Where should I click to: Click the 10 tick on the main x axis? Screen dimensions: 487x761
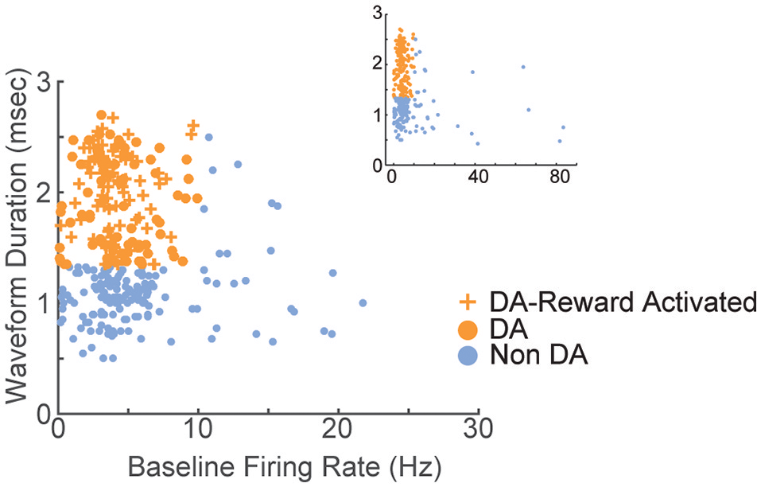click(197, 431)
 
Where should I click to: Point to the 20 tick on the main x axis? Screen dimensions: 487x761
click(337, 431)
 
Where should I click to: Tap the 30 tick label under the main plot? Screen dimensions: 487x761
click(478, 431)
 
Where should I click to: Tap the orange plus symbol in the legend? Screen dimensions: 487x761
click(470, 302)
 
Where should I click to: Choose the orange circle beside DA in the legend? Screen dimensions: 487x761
click(470, 329)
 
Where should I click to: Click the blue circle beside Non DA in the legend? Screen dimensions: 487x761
click(470, 356)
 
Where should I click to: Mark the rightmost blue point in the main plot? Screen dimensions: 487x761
click(363, 302)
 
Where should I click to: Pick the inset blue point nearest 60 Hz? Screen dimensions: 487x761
click(523, 67)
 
